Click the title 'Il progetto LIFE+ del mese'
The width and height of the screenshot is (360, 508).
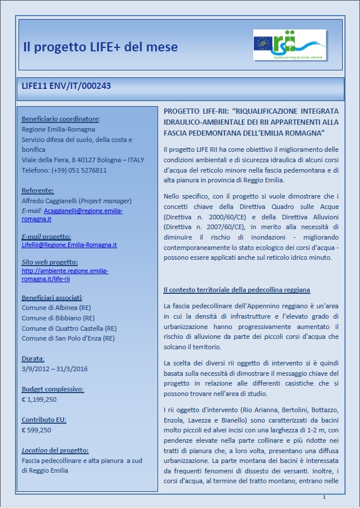(100, 47)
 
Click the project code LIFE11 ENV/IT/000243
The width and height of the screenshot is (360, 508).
(66, 86)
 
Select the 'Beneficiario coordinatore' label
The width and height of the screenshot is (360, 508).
(61, 119)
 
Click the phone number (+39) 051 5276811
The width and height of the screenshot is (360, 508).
(80, 170)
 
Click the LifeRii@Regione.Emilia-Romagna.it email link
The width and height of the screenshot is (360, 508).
(69, 245)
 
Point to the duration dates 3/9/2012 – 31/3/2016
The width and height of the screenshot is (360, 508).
(59, 368)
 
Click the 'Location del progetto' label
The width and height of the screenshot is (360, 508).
(55, 450)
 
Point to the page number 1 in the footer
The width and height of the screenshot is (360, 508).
(324, 497)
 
